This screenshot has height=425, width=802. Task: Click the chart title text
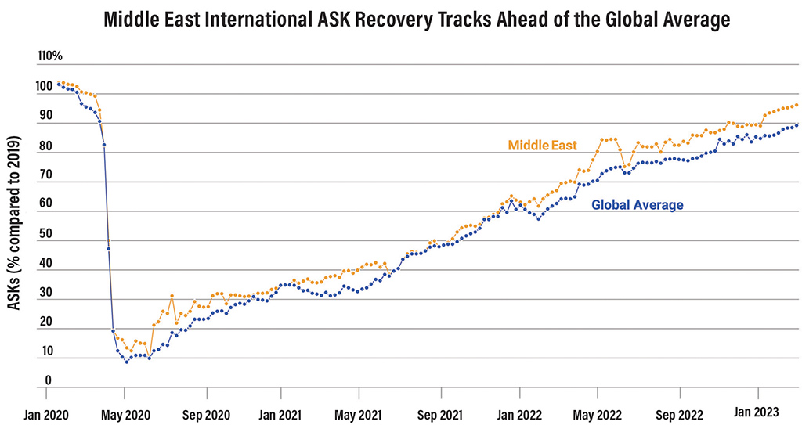pos(417,20)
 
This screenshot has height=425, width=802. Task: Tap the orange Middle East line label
pos(542,145)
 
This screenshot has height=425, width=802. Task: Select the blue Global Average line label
pos(637,205)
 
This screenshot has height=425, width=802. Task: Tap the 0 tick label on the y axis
pos(47,380)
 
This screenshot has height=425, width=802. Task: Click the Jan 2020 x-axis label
pos(44,414)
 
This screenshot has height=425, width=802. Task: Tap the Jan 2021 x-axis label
pos(280,414)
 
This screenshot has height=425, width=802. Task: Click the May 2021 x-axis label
pos(359,414)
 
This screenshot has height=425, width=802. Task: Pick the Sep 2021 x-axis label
pos(440,414)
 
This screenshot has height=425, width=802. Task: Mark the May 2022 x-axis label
pos(597,414)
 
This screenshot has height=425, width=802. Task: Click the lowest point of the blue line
pos(127,362)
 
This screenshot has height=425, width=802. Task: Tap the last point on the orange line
pos(797,105)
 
